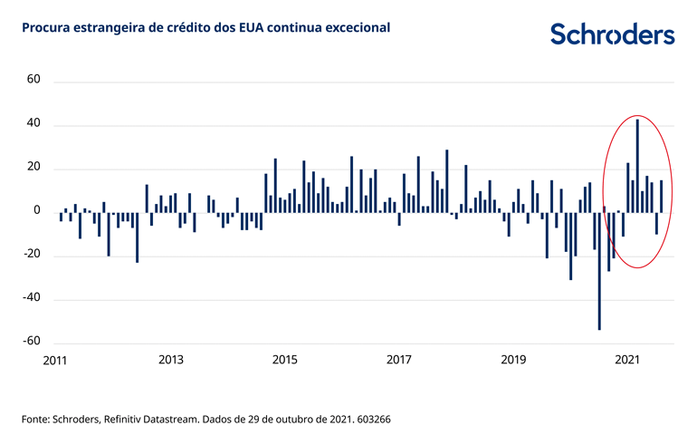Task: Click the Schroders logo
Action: click(613, 34)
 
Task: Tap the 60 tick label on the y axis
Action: click(33, 80)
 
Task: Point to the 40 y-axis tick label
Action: click(33, 124)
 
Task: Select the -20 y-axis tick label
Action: click(31, 255)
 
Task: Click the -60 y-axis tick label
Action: click(31, 341)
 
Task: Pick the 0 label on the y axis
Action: click(37, 210)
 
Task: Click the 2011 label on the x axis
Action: click(56, 360)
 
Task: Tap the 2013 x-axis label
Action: click(171, 360)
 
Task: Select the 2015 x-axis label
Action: click(285, 360)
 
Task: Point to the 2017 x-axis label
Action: click(399, 360)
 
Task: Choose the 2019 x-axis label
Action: click(513, 360)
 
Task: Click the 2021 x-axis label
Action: click(628, 360)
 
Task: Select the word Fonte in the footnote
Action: click(37, 420)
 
